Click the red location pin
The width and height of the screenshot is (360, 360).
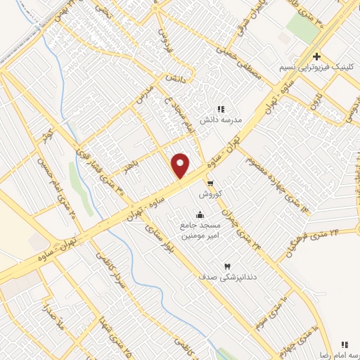click(x=181, y=166)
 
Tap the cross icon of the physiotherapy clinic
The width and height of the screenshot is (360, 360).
click(x=317, y=56)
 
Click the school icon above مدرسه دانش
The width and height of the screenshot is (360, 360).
click(x=221, y=109)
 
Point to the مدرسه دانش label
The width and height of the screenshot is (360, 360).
click(x=222, y=120)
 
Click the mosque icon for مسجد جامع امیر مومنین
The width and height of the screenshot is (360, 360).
click(x=200, y=214)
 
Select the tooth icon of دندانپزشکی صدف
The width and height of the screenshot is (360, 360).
click(x=227, y=266)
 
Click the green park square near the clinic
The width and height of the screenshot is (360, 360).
click(x=303, y=27)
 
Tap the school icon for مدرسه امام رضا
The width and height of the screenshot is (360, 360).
click(x=344, y=344)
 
